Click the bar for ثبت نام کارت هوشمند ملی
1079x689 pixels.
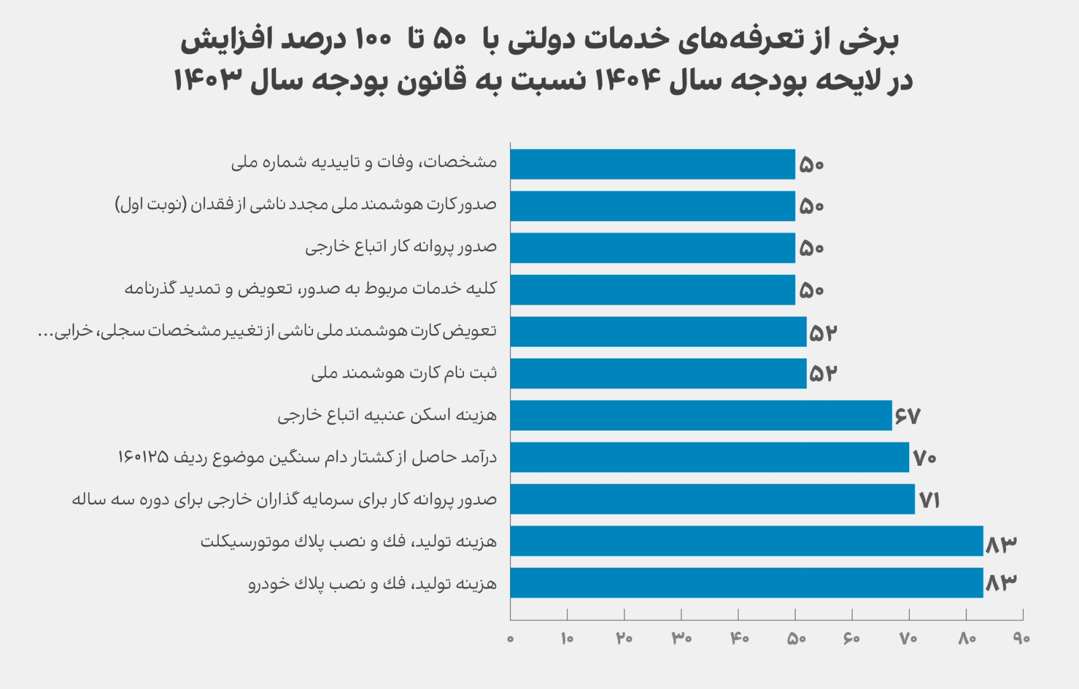(x=658, y=373)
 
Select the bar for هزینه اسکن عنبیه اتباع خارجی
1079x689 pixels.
(x=700, y=415)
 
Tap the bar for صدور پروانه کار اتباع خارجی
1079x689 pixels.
(x=652, y=248)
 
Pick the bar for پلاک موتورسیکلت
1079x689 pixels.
(x=746, y=541)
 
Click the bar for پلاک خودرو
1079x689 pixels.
(x=746, y=582)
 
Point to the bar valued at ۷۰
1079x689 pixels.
(x=709, y=457)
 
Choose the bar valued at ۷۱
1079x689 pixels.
(x=712, y=499)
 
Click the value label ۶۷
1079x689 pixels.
(x=908, y=417)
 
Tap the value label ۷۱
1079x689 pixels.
(x=929, y=500)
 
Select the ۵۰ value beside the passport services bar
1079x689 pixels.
(x=811, y=290)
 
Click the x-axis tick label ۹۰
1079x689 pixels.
(x=1022, y=638)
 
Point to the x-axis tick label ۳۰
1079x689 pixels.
(x=681, y=638)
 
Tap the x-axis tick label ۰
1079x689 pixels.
(x=511, y=638)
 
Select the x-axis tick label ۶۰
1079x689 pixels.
(x=852, y=638)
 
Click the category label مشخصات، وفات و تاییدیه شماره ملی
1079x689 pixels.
(x=364, y=162)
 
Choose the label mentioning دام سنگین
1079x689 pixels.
(x=307, y=458)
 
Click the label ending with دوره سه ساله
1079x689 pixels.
(x=284, y=500)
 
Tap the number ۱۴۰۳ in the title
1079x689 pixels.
(x=208, y=80)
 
